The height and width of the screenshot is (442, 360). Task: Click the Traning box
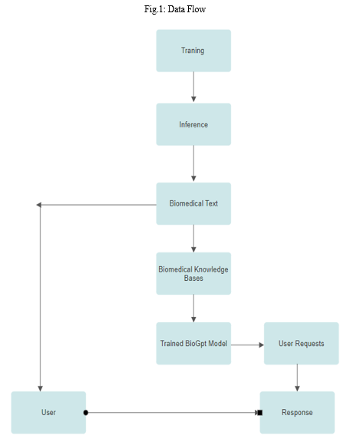[x=193, y=51]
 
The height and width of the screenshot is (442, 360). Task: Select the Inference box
[x=193, y=124]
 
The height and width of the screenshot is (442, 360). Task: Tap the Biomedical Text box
[x=193, y=203]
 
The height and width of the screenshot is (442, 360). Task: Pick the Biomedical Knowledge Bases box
[x=193, y=273]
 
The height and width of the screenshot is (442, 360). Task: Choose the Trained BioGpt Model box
[x=193, y=343]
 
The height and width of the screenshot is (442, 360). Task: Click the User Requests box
[x=301, y=343]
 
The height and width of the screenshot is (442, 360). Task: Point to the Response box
[x=297, y=412]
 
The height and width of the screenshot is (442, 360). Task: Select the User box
[x=48, y=412]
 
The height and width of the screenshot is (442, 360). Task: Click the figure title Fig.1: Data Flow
[x=175, y=9]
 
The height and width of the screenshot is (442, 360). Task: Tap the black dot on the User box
[x=86, y=413]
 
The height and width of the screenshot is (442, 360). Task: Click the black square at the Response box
[x=260, y=413]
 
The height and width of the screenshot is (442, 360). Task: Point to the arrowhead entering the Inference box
[x=193, y=99]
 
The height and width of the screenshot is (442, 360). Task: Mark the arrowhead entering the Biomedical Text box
[x=193, y=179]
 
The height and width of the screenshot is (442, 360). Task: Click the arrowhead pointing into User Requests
[x=261, y=345]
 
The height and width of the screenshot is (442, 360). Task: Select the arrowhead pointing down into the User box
[x=41, y=389]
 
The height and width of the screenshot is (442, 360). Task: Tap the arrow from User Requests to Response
[x=297, y=378]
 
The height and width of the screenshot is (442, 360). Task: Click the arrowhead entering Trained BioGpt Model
[x=193, y=319]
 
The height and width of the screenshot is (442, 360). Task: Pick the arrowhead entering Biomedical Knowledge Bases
[x=193, y=249]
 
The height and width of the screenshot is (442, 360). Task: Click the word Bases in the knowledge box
[x=193, y=279]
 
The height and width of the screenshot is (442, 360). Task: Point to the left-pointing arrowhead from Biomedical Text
[x=39, y=205]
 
